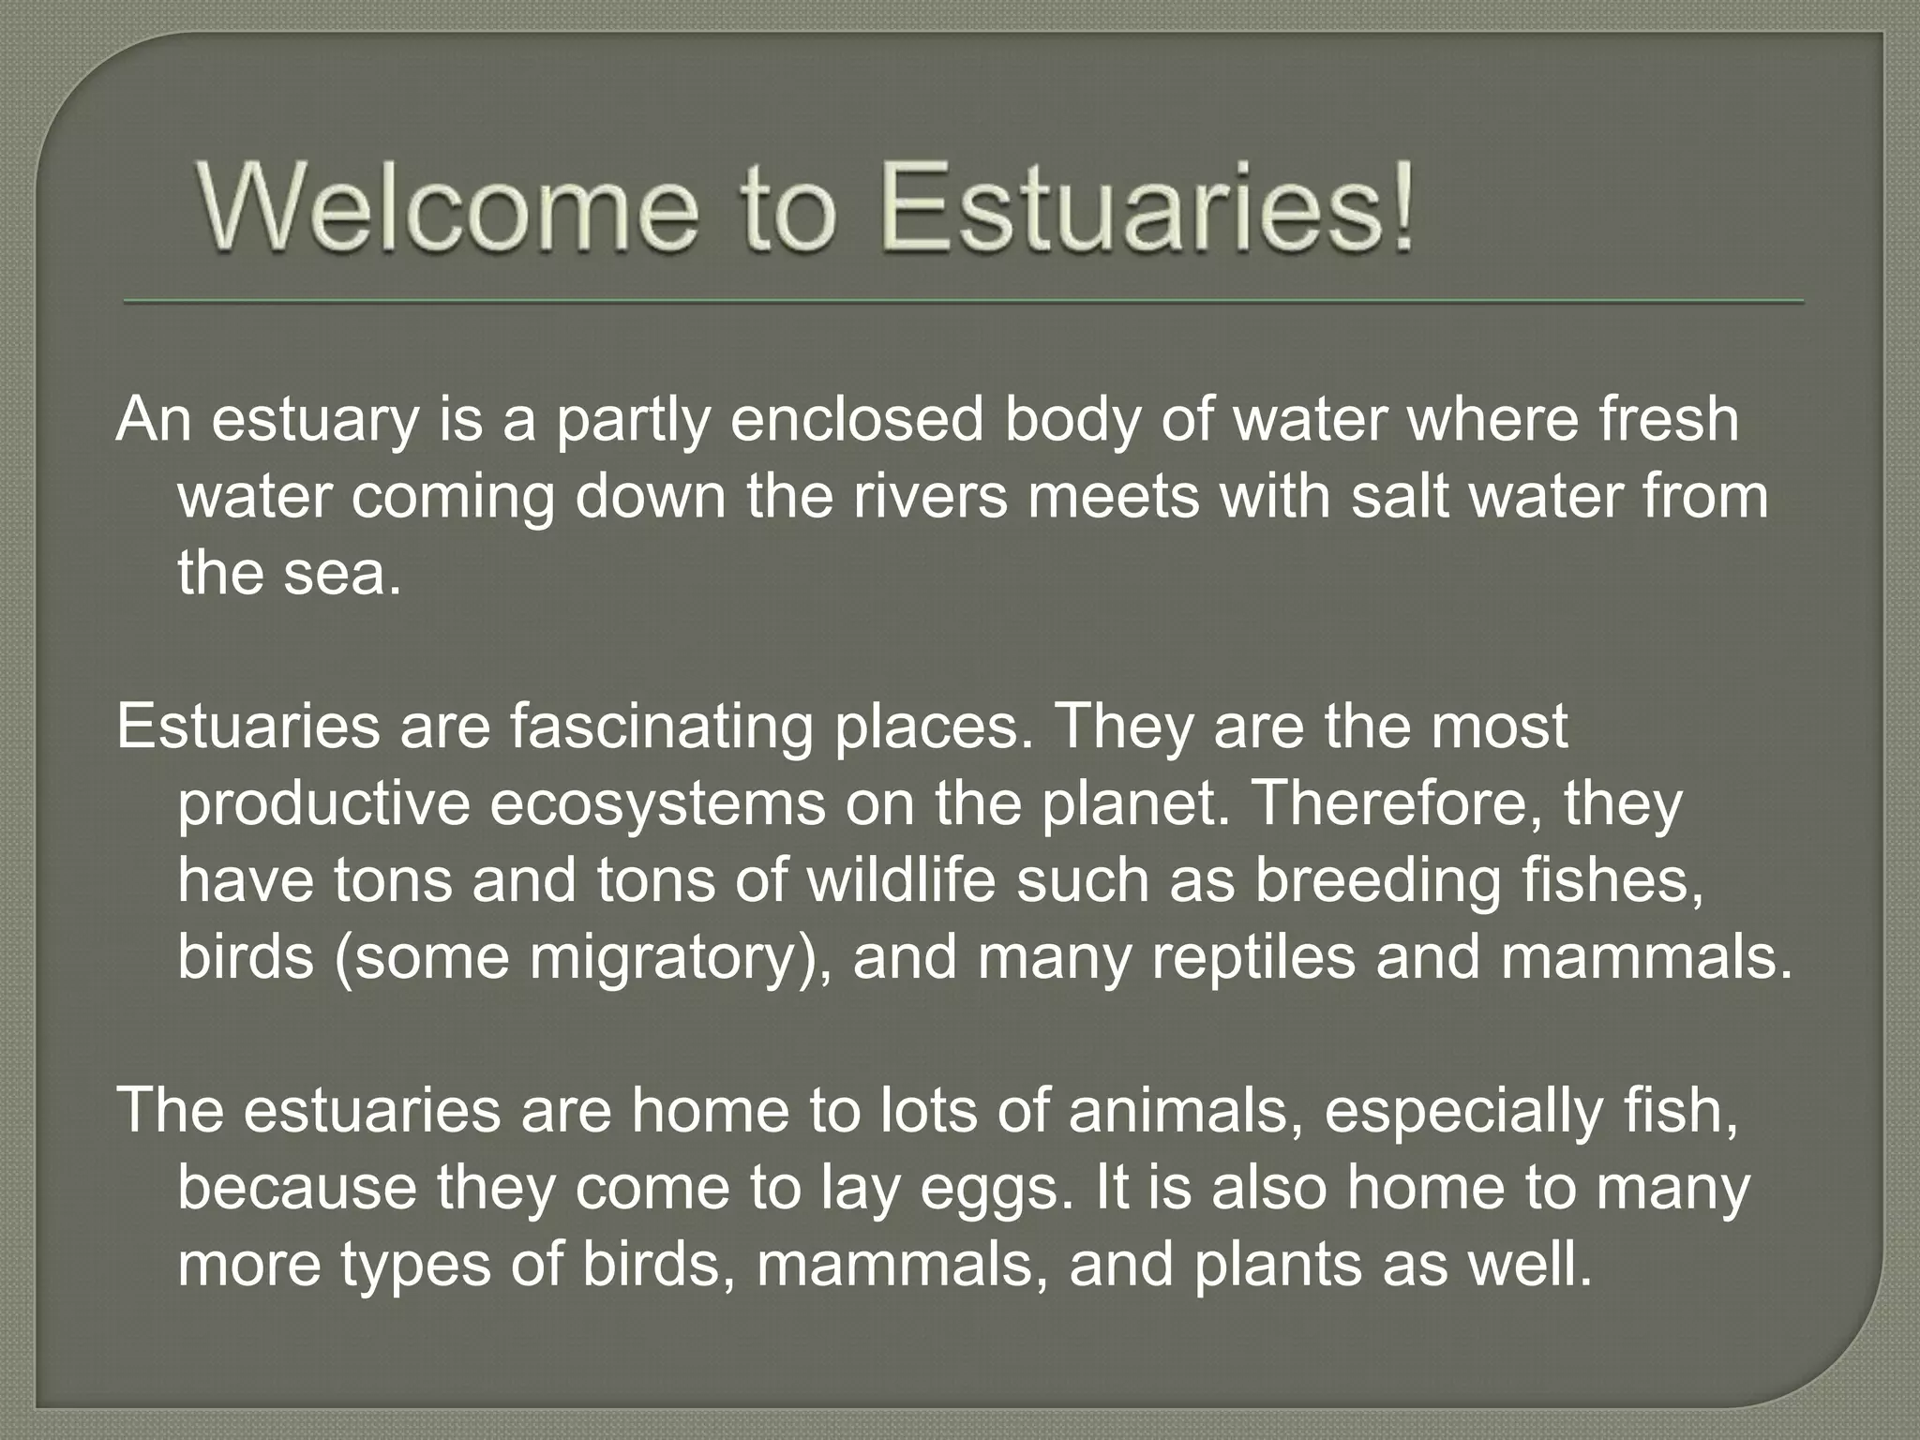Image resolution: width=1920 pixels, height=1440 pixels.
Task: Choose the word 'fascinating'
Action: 661,727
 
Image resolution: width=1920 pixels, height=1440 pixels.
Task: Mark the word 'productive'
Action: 323,804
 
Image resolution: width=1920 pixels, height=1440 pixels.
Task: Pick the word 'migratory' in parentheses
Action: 662,958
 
